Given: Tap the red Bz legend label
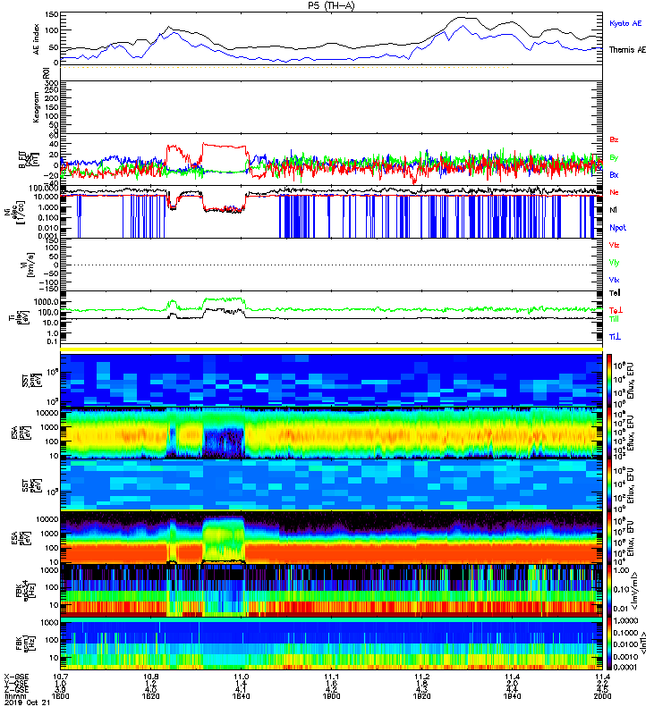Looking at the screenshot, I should point(615,140).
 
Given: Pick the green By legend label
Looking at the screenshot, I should point(615,158).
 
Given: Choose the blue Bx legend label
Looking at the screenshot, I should point(615,176).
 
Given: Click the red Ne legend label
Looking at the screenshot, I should point(615,192).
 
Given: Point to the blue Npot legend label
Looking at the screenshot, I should point(617,228).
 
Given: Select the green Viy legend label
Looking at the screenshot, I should point(616,263).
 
